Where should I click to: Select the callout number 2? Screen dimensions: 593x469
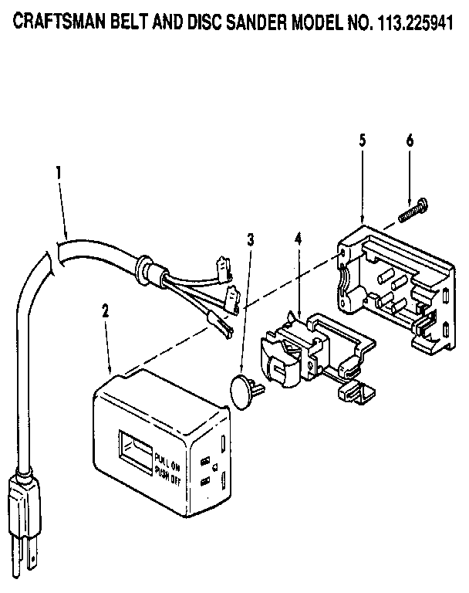pyautogui.click(x=106, y=311)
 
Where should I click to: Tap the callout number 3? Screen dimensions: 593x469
pyautogui.click(x=250, y=239)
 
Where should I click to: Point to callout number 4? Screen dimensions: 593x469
pyautogui.click(x=298, y=239)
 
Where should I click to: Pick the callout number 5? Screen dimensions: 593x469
pyautogui.click(x=363, y=141)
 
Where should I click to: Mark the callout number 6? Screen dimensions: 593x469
pyautogui.click(x=410, y=141)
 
